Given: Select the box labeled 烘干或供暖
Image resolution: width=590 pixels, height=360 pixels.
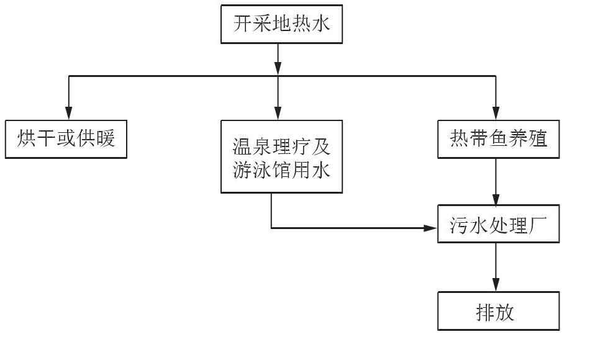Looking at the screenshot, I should (x=67, y=139).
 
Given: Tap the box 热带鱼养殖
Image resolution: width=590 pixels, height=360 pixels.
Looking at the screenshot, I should (x=498, y=139).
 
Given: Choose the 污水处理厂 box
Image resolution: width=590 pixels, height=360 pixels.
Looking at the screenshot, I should (x=498, y=225).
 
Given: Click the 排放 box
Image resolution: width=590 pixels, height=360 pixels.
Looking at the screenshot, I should (x=498, y=312).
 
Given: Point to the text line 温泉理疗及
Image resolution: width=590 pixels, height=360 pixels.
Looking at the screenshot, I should (x=281, y=148).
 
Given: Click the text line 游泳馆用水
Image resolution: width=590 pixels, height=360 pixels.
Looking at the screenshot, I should (x=281, y=169).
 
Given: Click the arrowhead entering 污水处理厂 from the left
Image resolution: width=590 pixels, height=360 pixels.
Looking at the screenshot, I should (x=431, y=228).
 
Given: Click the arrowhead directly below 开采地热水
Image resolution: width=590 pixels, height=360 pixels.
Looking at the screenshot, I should (x=278, y=69).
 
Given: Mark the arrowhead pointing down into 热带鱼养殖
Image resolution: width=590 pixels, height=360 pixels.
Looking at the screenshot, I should (x=496, y=114).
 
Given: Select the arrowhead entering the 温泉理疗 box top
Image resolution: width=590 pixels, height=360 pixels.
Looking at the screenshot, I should (x=278, y=114).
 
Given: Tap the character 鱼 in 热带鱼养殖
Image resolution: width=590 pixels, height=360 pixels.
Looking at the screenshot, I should (x=498, y=139).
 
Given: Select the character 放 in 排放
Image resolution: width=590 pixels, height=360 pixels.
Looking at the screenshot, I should (x=507, y=312).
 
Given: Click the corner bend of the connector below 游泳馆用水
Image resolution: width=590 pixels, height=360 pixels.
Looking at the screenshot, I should (x=271, y=228).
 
